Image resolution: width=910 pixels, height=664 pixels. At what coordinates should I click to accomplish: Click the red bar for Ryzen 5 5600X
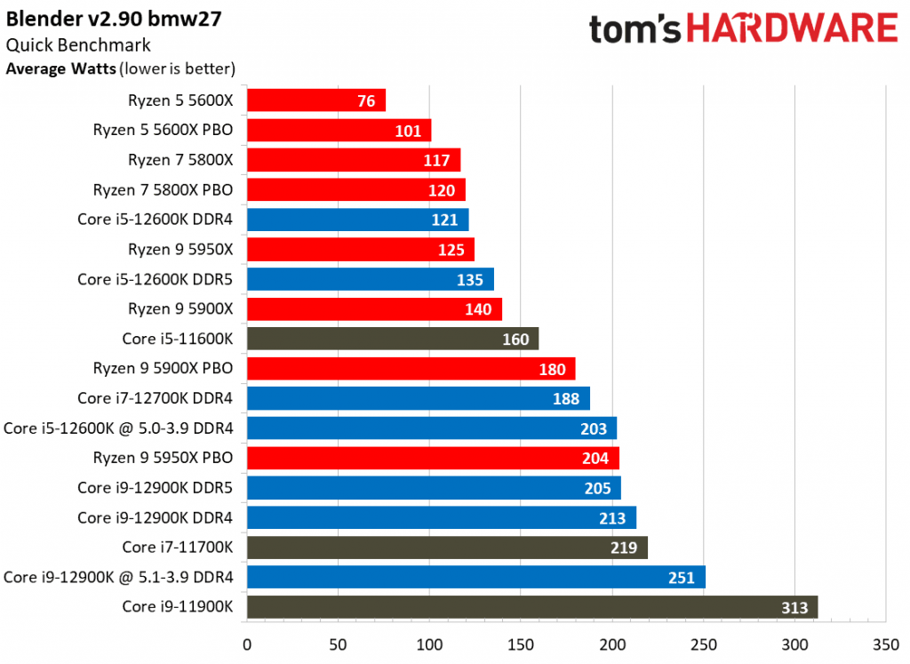(x=315, y=100)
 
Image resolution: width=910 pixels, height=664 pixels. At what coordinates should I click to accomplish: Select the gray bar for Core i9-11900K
(x=531, y=607)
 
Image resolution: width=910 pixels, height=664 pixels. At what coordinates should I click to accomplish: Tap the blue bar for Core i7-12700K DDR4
(x=418, y=398)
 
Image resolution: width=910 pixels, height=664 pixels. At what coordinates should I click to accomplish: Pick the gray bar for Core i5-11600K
(x=392, y=339)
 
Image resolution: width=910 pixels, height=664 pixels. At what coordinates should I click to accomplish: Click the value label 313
(x=794, y=608)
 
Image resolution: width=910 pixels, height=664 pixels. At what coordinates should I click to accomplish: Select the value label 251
(x=682, y=578)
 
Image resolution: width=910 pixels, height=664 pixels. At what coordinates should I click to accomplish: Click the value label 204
(x=595, y=459)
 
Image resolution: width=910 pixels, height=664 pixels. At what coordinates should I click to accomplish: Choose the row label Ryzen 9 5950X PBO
(x=163, y=458)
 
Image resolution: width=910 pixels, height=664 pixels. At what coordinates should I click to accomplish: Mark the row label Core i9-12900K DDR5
(x=155, y=488)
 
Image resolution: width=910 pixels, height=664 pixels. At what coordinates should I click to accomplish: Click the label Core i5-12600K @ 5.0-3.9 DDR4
(x=118, y=428)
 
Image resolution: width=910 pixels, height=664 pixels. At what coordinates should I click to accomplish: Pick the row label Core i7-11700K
(x=178, y=548)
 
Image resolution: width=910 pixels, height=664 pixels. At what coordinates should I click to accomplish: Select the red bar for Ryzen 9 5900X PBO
(x=411, y=369)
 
